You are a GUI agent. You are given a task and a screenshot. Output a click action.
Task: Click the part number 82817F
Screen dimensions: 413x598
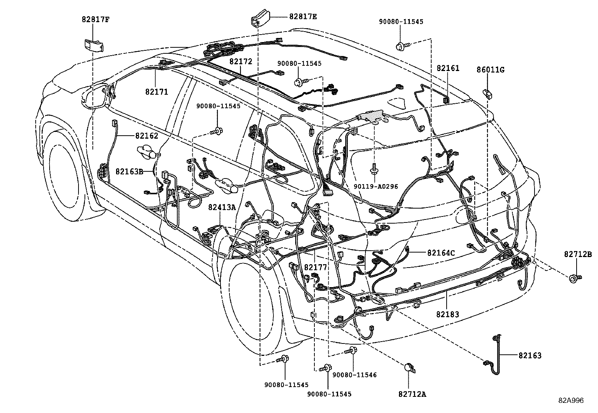tap(96, 19)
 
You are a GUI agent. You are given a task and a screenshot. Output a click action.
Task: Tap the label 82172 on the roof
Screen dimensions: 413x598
tap(241, 62)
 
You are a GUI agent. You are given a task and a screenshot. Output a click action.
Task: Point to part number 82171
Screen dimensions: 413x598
tap(157, 92)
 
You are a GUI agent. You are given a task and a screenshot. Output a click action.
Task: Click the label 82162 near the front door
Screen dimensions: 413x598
tap(146, 136)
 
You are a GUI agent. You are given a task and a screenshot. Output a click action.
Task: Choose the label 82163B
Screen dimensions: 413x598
tap(129, 171)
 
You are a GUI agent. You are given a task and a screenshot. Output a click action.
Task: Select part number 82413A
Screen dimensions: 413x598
tap(222, 207)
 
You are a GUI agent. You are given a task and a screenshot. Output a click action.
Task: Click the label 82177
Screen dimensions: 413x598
tap(316, 267)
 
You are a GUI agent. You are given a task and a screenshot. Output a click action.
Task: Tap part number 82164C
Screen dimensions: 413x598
tap(441, 253)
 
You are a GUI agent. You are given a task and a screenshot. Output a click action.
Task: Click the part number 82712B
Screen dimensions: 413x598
tap(578, 254)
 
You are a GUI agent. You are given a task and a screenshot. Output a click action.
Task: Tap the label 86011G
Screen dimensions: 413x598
tap(490, 70)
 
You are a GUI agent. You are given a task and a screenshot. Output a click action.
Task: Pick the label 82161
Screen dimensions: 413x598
tap(448, 68)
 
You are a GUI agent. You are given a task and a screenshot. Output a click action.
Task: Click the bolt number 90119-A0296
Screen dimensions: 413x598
tap(376, 186)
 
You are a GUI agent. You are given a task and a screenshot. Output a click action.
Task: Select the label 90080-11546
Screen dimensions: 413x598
tap(354, 375)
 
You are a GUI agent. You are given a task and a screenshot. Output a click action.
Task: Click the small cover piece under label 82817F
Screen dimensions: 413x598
tap(93, 45)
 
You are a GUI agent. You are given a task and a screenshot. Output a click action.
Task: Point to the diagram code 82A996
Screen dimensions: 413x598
tap(571, 401)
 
